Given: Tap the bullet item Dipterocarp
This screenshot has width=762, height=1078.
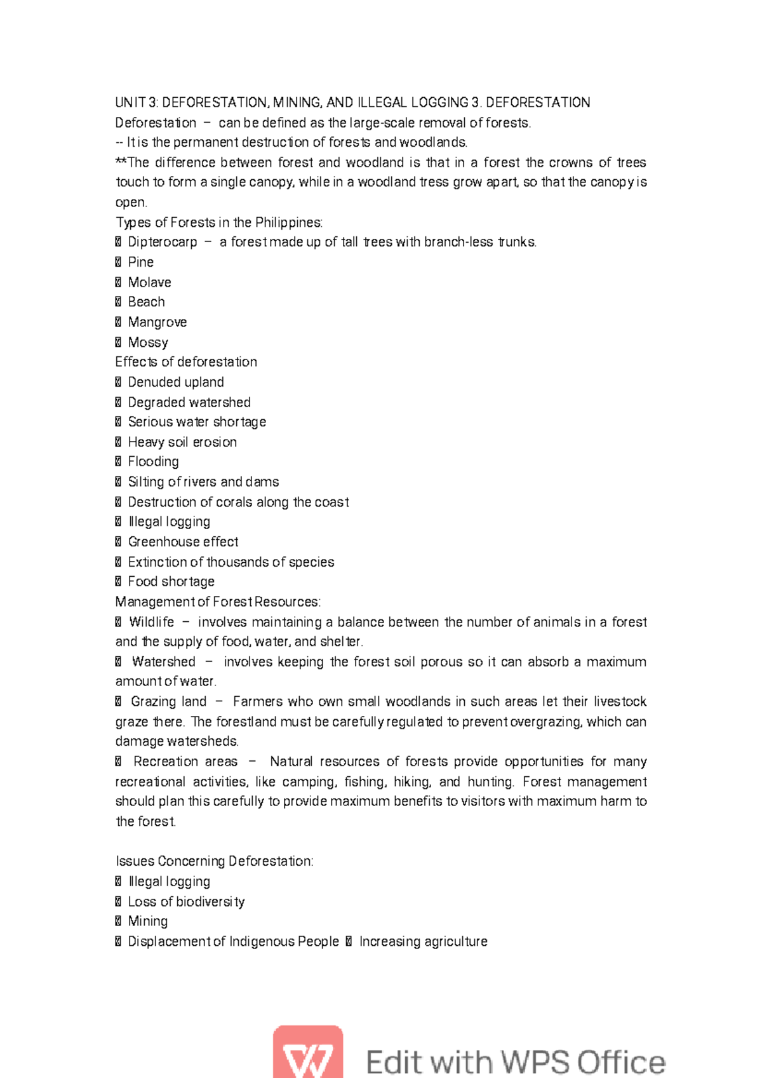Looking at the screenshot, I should coord(163,242).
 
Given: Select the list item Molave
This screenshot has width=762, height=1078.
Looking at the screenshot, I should coord(149,282).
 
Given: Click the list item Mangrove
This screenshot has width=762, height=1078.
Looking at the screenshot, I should coord(157,322).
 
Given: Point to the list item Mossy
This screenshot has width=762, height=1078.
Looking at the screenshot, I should coord(148,342).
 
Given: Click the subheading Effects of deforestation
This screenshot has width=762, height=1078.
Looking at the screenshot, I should coord(186,362).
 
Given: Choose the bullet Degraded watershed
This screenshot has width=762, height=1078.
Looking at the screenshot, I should coord(189,402).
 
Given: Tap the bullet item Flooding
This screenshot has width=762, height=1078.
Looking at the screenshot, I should coord(153,462).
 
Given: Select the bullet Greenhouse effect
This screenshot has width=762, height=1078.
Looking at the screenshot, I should coord(183,542).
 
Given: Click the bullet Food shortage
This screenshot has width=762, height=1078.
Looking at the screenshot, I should coord(171,581).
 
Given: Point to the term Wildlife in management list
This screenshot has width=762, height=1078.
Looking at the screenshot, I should coord(151,622).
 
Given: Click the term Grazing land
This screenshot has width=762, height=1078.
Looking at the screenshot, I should coord(168,701).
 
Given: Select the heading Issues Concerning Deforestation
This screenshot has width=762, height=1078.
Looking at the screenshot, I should coord(214,861).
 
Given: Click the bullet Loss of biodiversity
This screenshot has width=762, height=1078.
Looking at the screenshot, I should coord(186,901).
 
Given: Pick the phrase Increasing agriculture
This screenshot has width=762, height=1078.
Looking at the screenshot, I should coord(424,941).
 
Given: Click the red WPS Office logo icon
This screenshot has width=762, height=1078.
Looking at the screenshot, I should coord(308,1052).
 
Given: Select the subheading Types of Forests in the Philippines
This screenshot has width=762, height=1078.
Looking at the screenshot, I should coord(219,222).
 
